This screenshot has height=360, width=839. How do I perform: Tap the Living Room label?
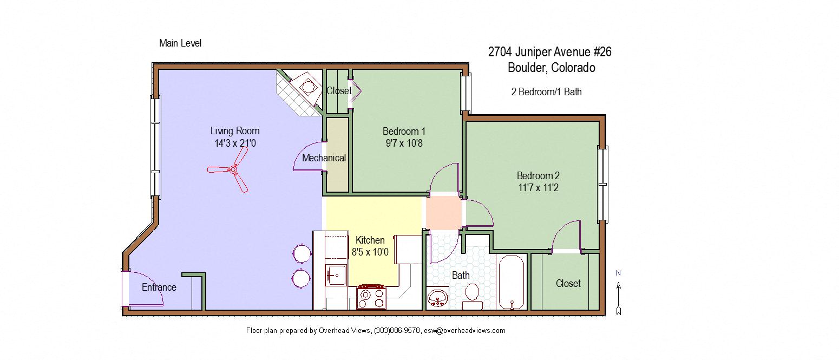pos(235,131)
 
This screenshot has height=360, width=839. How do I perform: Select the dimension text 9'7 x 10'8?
pos(404,143)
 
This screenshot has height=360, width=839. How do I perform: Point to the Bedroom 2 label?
pos(538,175)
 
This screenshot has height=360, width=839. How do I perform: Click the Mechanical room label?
pos(324,158)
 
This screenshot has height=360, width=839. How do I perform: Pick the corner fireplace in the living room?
pos(307,86)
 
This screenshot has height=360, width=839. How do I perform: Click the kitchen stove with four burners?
pos(371,297)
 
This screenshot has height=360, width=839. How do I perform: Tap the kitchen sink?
pos(335,275)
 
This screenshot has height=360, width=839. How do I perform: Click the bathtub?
pos(511,282)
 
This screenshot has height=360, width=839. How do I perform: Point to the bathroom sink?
pos(438,298)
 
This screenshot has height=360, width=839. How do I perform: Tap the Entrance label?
pos(159,287)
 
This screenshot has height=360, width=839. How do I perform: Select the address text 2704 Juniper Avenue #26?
pos(549,52)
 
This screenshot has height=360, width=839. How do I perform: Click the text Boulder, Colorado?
pos(551,68)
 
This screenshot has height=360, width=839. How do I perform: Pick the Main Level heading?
pos(180,43)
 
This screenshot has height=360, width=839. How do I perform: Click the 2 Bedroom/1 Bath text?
pos(546,92)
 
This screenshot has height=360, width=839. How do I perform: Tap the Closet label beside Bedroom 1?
pos(338,91)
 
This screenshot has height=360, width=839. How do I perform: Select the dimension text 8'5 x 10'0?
pos(370,252)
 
